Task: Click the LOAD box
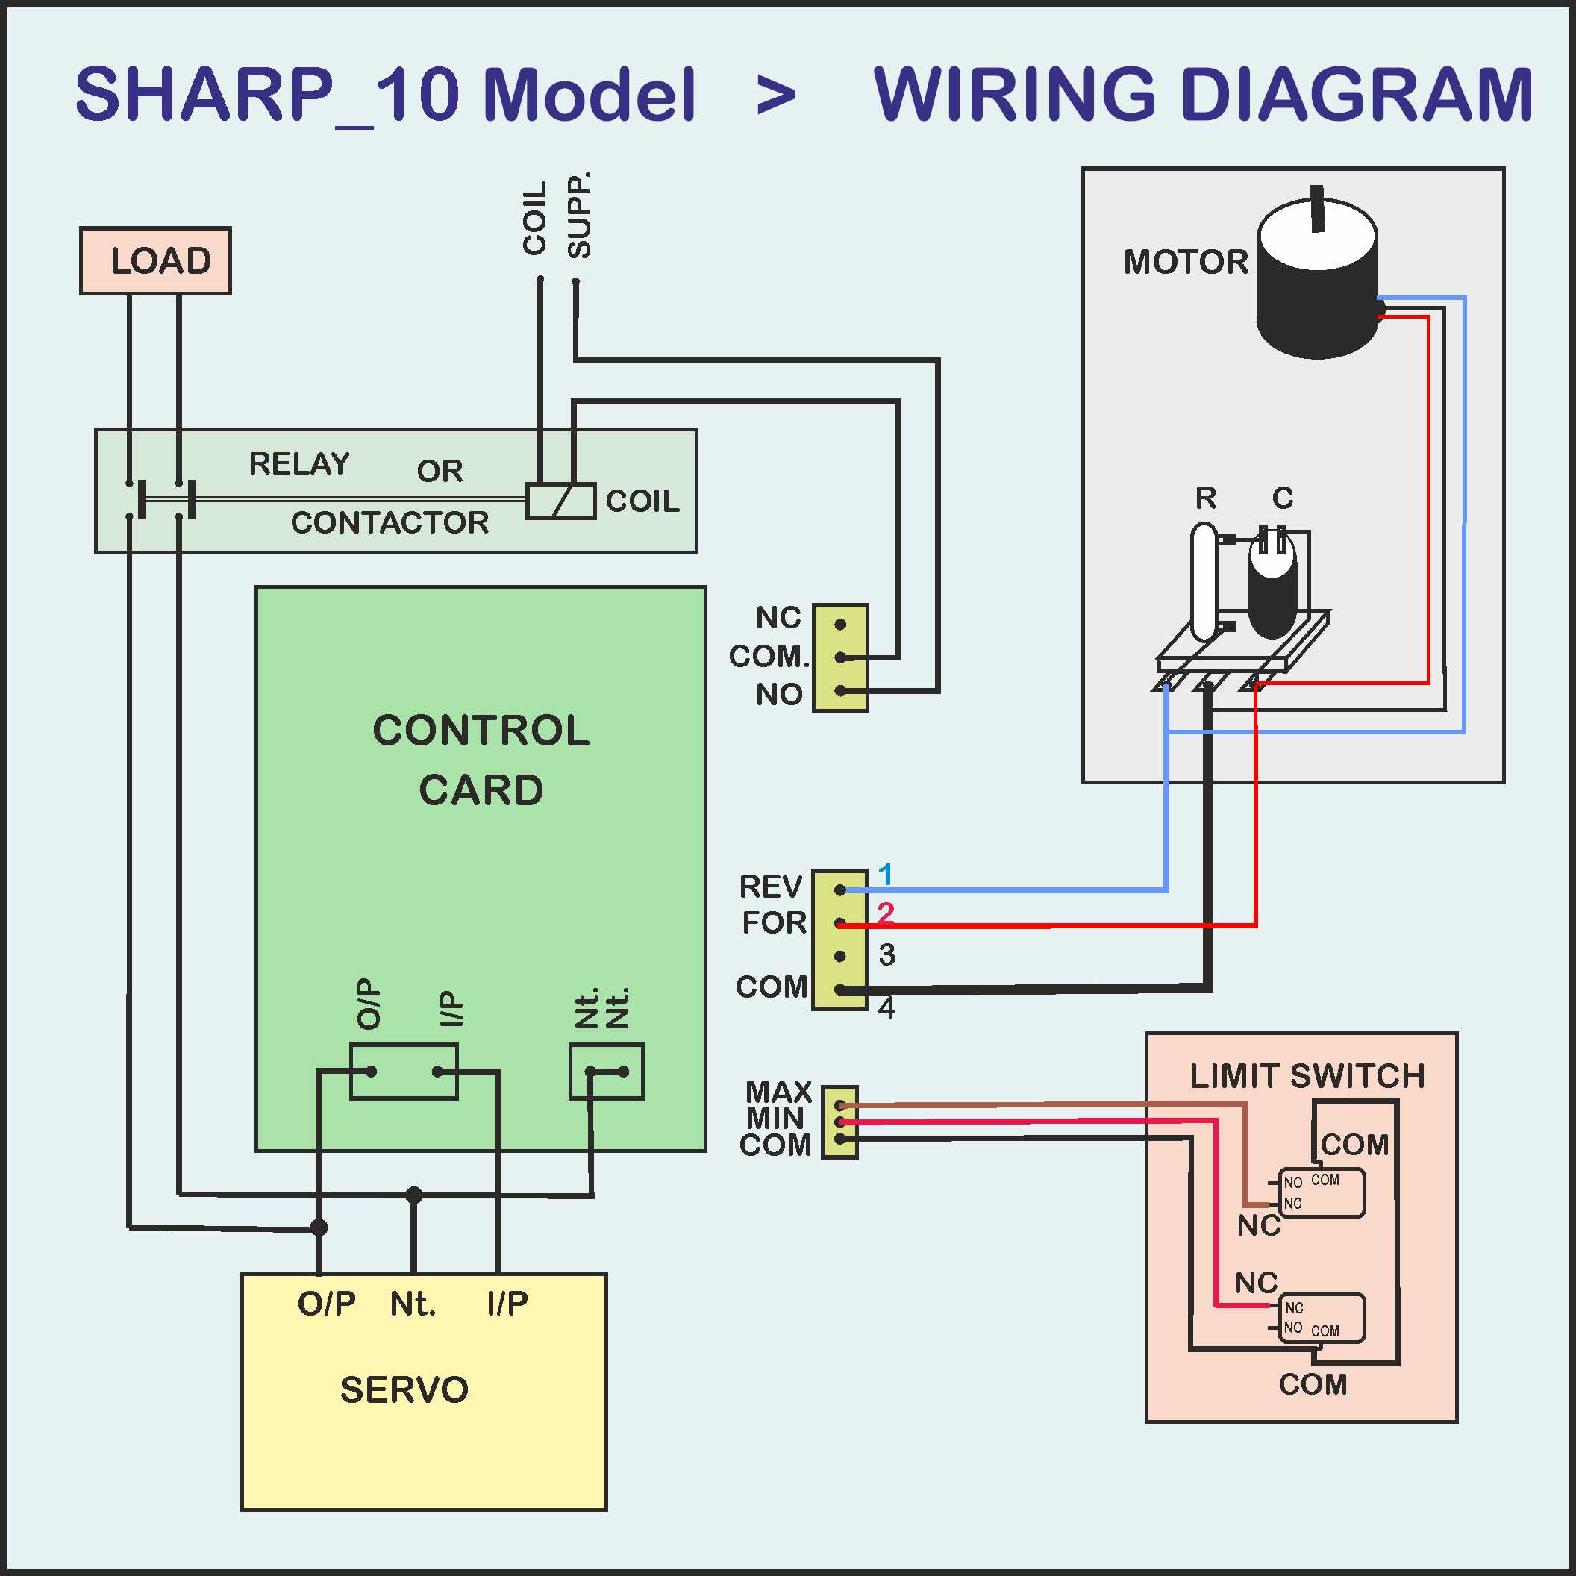tap(155, 261)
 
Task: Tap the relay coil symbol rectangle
tap(560, 501)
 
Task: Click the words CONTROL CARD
tap(481, 760)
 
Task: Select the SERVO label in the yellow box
tap(404, 1390)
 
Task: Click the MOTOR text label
tap(1185, 263)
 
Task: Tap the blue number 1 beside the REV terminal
tap(885, 875)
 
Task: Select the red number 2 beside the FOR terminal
tap(886, 912)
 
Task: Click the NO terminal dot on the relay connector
tap(840, 691)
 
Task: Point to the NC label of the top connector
tap(778, 618)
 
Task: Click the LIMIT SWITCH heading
tap(1307, 1076)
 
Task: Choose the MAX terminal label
tap(778, 1092)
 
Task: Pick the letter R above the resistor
tap(1206, 498)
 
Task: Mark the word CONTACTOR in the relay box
tap(390, 523)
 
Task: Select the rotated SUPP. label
tap(579, 216)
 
